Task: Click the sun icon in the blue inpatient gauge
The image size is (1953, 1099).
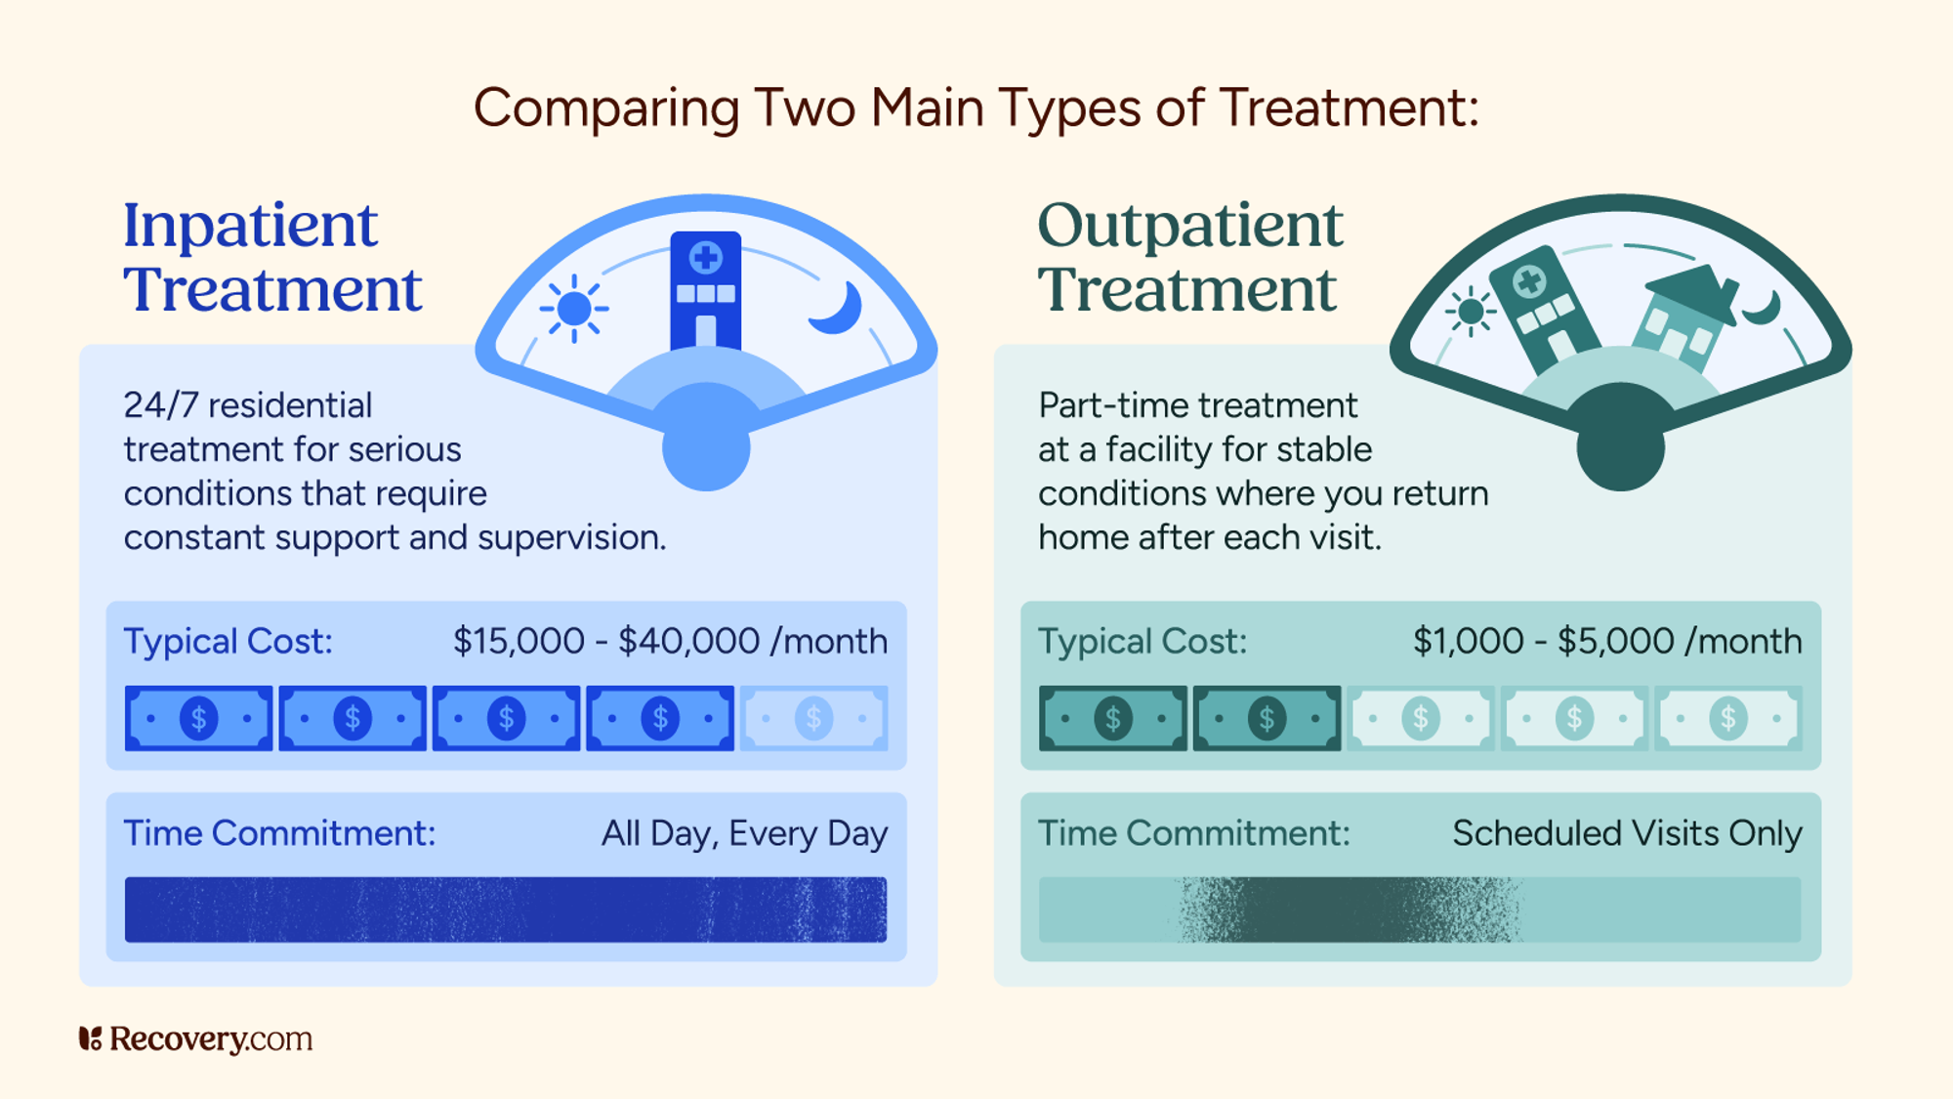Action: (574, 309)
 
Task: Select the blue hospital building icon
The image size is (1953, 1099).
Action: (705, 290)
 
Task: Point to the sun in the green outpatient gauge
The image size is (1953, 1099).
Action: (1470, 313)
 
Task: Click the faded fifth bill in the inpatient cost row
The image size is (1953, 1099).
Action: (813, 719)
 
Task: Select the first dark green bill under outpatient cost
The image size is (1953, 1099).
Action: (1113, 719)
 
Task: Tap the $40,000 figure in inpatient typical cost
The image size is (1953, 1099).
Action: (688, 642)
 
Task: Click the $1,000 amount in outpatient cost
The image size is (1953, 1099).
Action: (1468, 642)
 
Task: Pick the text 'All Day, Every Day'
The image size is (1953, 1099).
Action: (744, 833)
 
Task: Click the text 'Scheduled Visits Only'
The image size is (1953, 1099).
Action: (1626, 833)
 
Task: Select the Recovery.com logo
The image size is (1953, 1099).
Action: (195, 1038)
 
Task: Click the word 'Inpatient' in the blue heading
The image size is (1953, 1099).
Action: (250, 226)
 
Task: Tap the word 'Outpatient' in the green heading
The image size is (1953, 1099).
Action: (1189, 226)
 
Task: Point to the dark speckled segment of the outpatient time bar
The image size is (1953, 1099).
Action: (1348, 910)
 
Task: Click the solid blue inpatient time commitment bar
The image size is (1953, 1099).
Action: (505, 910)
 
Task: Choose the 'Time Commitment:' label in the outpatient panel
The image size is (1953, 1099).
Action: (1193, 833)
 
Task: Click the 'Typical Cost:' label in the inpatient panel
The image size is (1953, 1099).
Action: (228, 642)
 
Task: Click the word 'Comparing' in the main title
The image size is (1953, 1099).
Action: (605, 107)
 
